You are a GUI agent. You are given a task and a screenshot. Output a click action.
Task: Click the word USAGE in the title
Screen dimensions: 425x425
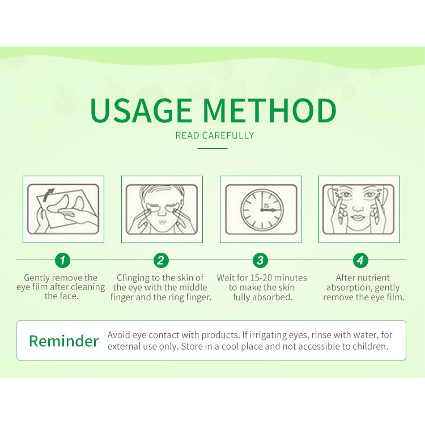click(141, 110)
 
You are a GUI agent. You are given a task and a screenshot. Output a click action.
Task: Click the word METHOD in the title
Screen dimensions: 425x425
click(269, 110)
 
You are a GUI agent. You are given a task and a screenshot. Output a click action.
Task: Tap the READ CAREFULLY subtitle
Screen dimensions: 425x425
click(215, 135)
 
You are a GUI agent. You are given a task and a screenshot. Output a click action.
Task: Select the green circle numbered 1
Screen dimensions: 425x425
click(62, 260)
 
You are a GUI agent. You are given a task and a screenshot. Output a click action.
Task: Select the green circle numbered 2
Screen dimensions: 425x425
click(161, 260)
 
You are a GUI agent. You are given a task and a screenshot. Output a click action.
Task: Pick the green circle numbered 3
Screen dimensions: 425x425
click(260, 260)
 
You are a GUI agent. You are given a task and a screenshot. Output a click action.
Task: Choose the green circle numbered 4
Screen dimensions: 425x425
click(360, 260)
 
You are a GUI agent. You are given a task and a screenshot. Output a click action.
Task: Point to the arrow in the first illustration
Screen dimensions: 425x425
click(48, 194)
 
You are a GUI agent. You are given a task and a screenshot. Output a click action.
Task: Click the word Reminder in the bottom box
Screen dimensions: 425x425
click(63, 341)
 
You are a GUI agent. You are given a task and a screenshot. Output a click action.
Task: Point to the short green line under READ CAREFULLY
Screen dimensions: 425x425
click(212, 148)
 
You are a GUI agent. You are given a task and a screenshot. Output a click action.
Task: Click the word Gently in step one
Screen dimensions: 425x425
click(37, 278)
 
